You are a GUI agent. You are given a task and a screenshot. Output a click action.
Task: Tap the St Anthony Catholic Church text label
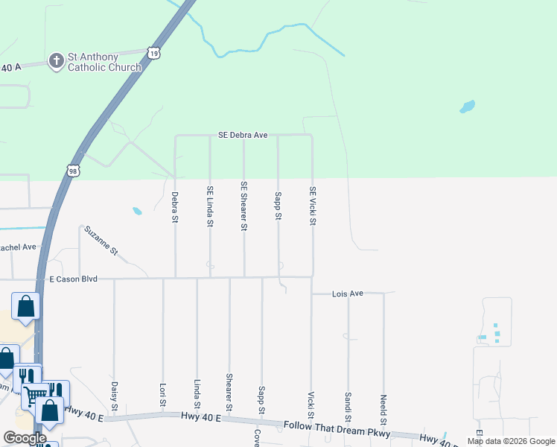click(104, 63)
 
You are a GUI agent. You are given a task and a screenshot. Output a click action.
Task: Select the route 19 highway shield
click(153, 52)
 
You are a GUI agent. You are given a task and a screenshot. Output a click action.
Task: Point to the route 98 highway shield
click(72, 171)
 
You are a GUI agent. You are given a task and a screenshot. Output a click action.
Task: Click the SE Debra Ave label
click(243, 136)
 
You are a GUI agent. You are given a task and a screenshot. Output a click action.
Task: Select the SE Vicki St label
click(313, 206)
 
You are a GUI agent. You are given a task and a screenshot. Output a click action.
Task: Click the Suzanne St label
click(102, 241)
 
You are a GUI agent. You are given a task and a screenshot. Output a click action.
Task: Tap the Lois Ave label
click(348, 294)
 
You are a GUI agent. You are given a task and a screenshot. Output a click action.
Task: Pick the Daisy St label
click(114, 396)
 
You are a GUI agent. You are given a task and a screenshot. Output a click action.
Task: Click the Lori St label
click(162, 396)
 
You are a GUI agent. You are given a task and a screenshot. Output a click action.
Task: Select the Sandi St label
click(348, 405)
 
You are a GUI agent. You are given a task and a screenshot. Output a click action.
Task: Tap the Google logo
click(25, 439)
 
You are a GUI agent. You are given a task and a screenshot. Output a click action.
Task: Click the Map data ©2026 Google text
click(510, 441)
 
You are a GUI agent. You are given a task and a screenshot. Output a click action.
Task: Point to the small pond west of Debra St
click(137, 211)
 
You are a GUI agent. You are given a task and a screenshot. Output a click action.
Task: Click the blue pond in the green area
click(467, 107)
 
